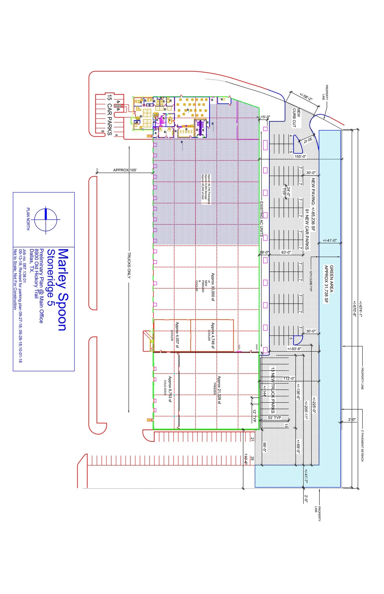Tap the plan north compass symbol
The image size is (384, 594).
[x=46, y=220]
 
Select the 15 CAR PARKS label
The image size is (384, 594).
[x=110, y=115]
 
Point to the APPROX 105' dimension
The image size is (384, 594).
[x=125, y=170]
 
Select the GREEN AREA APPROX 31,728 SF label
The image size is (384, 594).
[x=329, y=284]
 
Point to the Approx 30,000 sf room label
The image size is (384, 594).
[x=212, y=287]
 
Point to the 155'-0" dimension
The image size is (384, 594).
[x=301, y=156]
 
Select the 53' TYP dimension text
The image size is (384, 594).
[x=274, y=418]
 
